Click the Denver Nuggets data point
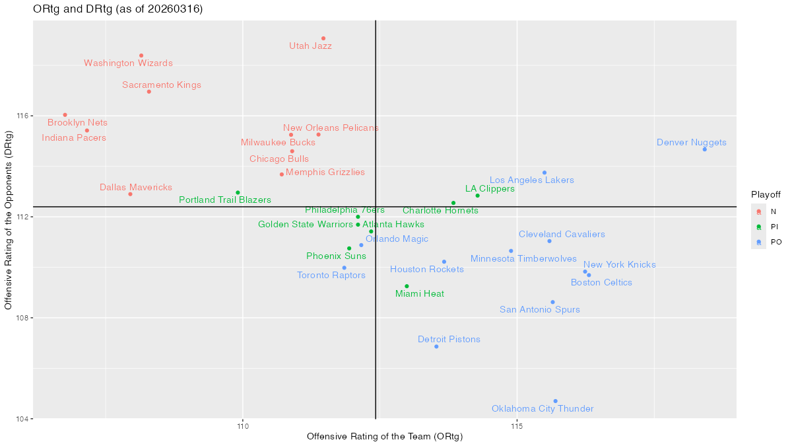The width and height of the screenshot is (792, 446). click(x=704, y=149)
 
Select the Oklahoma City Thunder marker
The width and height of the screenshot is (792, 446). click(x=555, y=401)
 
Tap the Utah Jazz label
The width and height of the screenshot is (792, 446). click(x=310, y=46)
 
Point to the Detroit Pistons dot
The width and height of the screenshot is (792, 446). click(x=436, y=346)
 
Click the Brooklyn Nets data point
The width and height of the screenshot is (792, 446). click(x=65, y=115)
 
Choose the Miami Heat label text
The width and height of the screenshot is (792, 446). click(x=419, y=294)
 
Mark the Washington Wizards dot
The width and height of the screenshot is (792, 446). click(x=141, y=56)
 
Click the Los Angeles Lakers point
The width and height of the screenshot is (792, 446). click(x=544, y=172)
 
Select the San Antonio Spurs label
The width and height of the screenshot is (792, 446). click(x=539, y=309)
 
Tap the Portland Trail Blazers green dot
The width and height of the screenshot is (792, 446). click(x=238, y=192)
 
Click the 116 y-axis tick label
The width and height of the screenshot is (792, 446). click(x=21, y=116)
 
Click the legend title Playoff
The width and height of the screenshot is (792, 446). click(x=766, y=195)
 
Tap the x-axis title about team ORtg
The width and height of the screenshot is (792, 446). click(x=385, y=437)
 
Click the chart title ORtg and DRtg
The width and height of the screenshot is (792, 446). click(x=117, y=9)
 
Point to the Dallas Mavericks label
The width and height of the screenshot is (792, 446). click(x=136, y=188)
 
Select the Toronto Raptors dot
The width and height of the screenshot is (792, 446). click(x=344, y=268)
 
